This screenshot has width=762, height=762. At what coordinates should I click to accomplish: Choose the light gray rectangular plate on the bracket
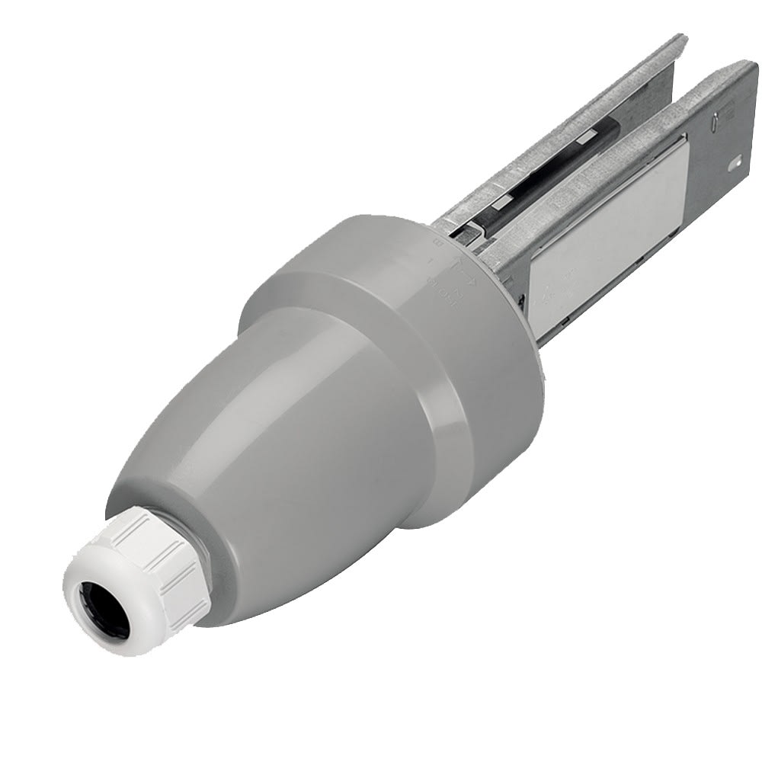pyautogui.click(x=610, y=229)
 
